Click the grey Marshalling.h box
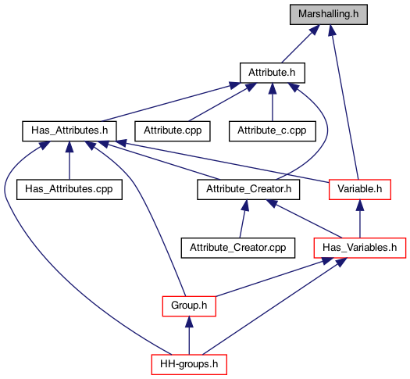point(329,14)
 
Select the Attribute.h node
point(273,73)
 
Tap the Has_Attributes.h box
point(70,131)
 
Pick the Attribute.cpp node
point(173,131)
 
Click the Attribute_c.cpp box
point(273,131)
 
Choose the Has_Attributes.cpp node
point(70,189)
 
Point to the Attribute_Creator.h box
point(248,189)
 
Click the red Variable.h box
point(360,189)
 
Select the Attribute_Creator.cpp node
point(238,248)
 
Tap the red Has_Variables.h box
point(360,248)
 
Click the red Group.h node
point(189,306)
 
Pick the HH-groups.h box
point(189,364)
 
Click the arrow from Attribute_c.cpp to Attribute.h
point(273,102)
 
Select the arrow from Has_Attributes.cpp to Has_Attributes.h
point(70,160)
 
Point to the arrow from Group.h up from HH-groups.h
point(189,335)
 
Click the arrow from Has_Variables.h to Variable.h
point(360,219)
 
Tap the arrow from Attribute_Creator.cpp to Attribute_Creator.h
point(243,219)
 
